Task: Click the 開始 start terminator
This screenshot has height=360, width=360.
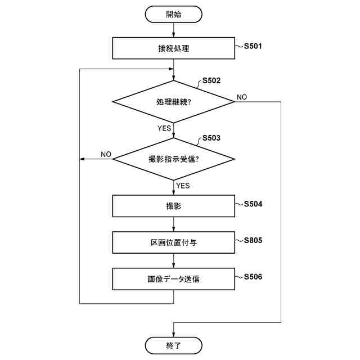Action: point(173,15)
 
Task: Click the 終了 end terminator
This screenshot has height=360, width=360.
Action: point(173,345)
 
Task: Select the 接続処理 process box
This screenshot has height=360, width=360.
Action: point(173,48)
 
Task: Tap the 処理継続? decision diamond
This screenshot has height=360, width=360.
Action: point(173,102)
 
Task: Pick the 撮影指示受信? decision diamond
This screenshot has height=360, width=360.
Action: point(173,159)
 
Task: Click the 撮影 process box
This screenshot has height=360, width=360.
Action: point(173,206)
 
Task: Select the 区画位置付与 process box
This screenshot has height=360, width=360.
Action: point(173,243)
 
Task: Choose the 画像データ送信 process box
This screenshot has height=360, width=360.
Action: point(173,279)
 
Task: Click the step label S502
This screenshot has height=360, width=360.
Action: point(211,80)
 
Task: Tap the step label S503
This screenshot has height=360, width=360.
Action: point(211,138)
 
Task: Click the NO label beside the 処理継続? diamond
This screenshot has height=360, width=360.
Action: point(242,97)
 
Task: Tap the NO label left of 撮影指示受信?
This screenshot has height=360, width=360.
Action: point(106,154)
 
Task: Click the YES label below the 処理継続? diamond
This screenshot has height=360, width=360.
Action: point(164,128)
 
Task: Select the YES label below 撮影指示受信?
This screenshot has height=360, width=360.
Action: point(183,186)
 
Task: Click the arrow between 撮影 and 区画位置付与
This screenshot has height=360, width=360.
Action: point(173,224)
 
